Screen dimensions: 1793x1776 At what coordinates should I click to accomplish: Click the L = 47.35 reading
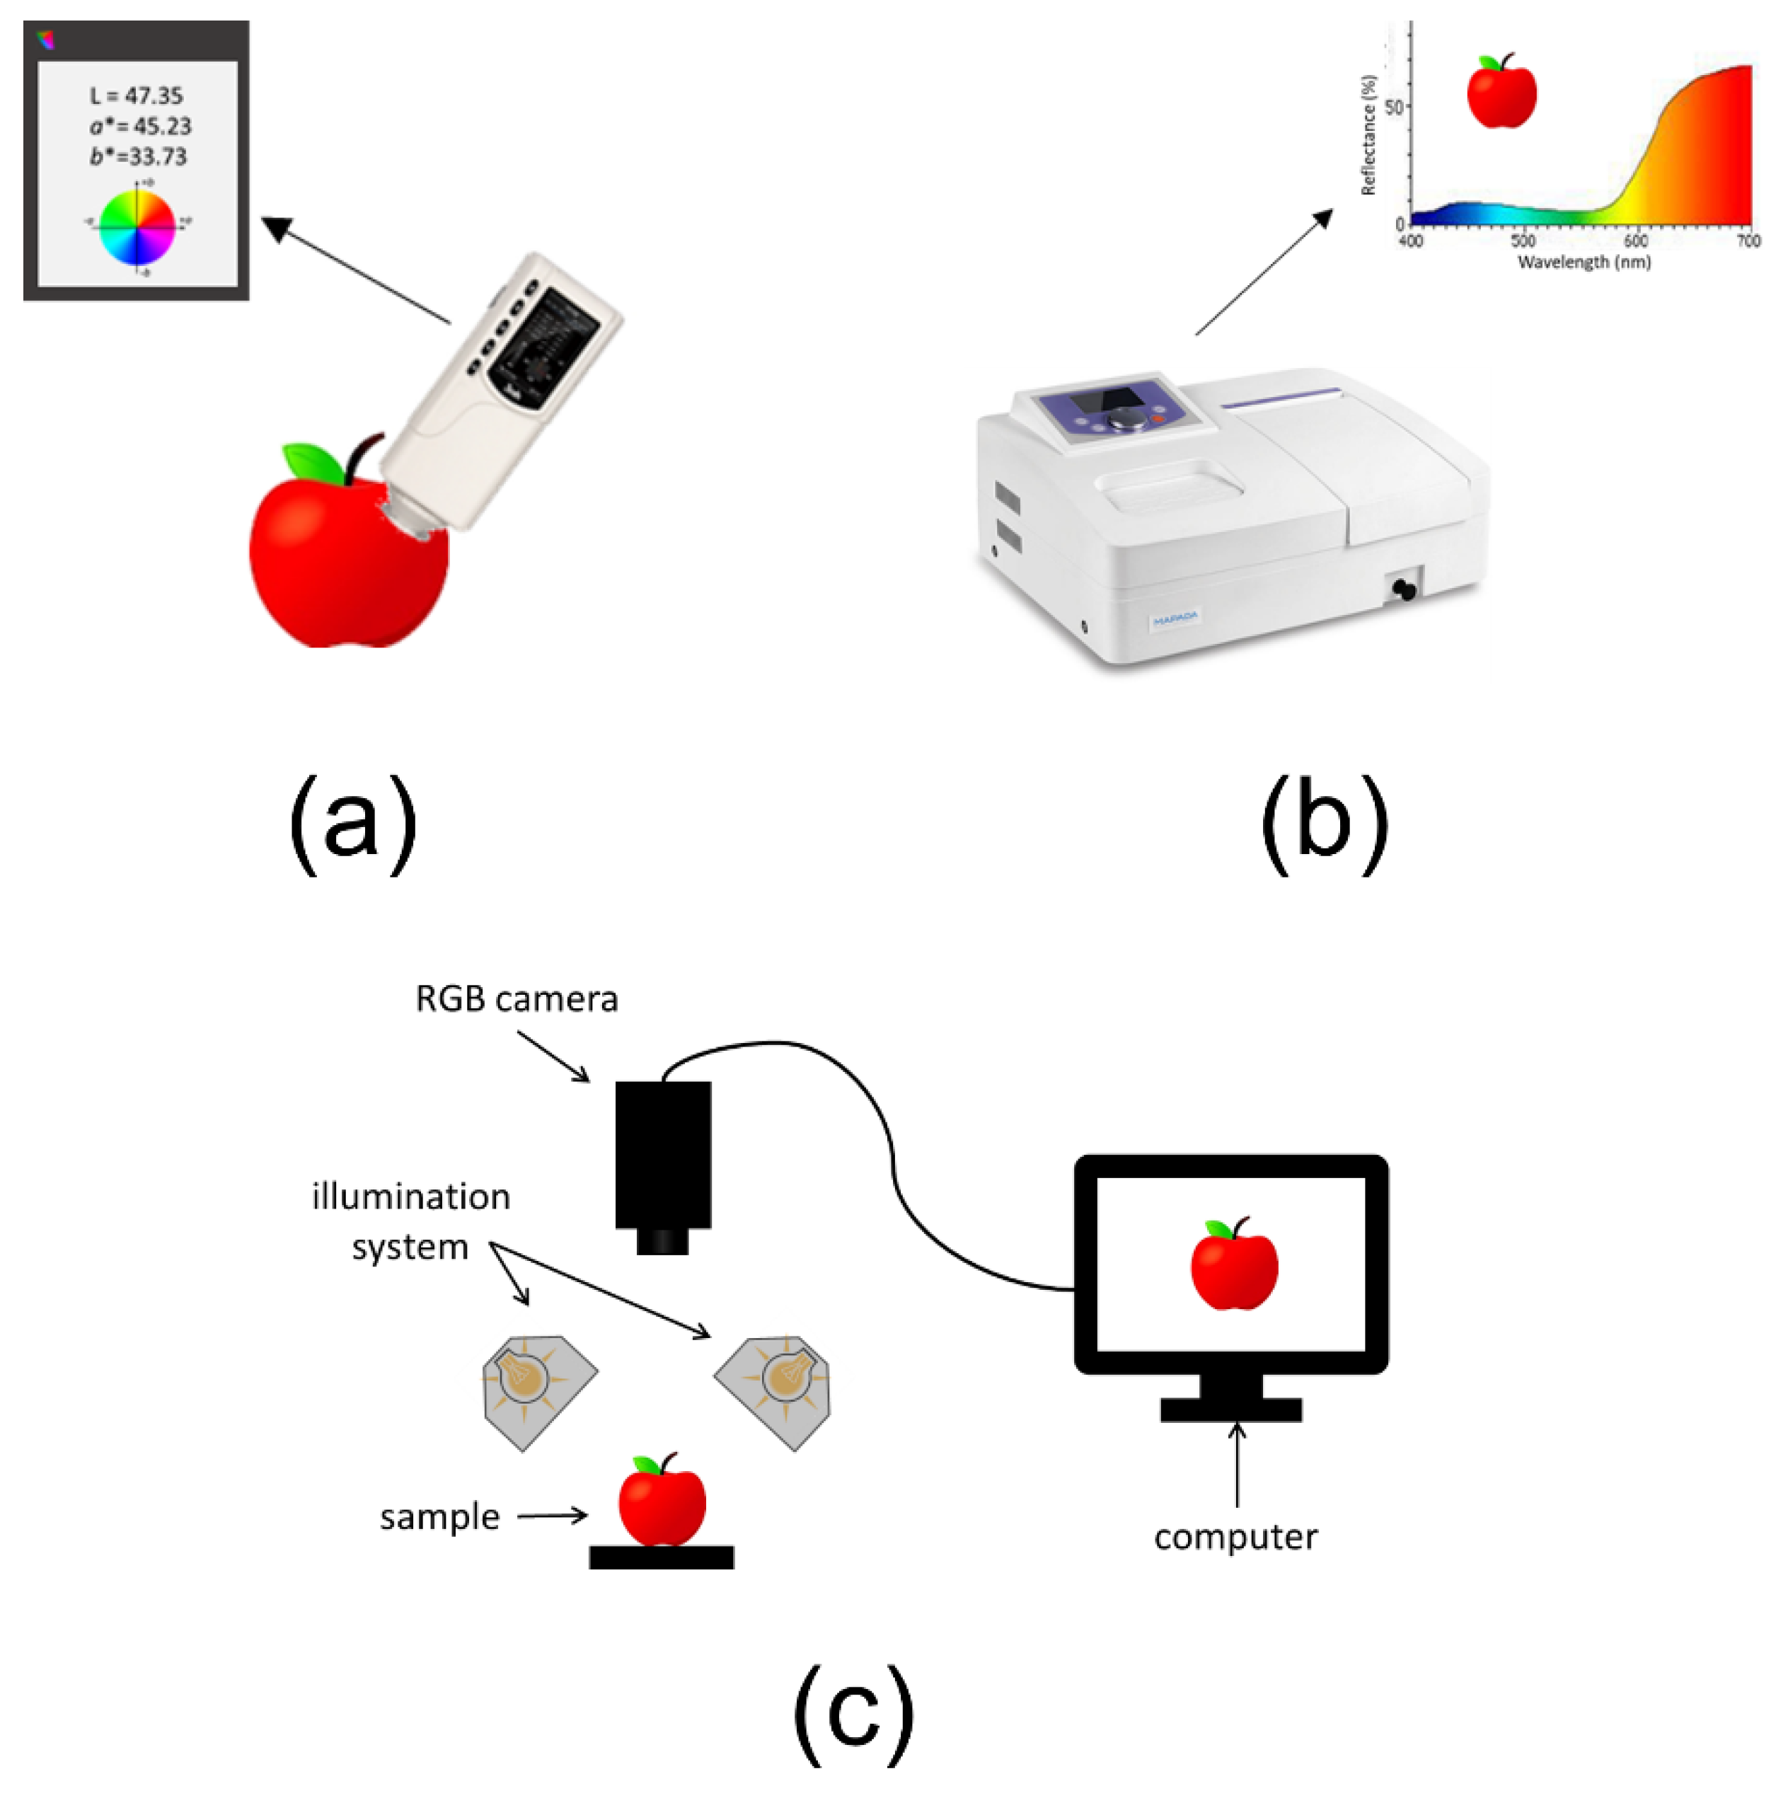(x=137, y=96)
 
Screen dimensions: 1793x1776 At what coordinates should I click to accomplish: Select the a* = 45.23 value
(x=140, y=126)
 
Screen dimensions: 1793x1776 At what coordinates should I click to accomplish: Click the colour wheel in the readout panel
(x=137, y=227)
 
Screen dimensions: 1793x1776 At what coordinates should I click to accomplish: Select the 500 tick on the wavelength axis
(x=1522, y=241)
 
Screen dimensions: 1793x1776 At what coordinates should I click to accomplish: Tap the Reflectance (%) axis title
(x=1367, y=135)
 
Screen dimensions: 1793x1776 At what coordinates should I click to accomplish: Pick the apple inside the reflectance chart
(x=1501, y=93)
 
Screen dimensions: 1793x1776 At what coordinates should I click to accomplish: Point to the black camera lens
(x=662, y=1241)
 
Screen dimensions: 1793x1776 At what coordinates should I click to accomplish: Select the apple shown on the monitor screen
(x=1233, y=1266)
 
